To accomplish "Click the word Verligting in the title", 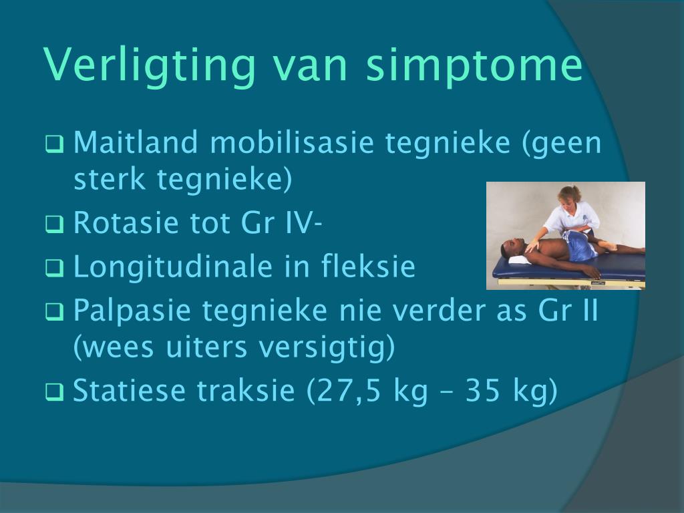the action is click(x=149, y=65).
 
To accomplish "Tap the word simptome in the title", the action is click(x=475, y=65).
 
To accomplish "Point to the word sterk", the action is click(x=109, y=179).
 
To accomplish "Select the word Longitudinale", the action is click(x=173, y=267).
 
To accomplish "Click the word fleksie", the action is click(x=369, y=266).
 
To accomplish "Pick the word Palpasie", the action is click(x=132, y=311).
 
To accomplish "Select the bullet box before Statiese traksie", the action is click(x=55, y=392).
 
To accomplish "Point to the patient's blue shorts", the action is click(x=578, y=244).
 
